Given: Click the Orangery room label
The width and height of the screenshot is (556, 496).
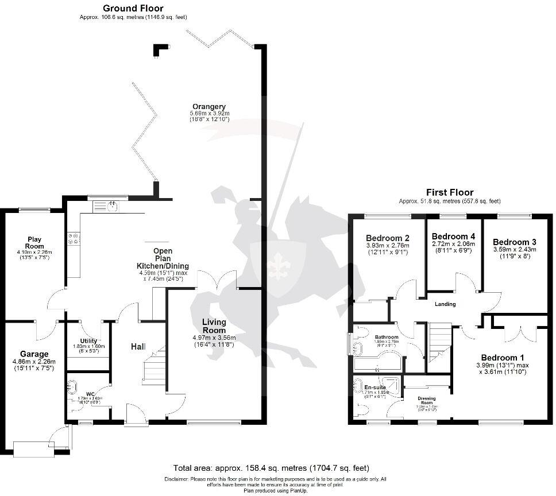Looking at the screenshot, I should pos(209,107).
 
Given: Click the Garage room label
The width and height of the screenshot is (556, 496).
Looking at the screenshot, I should pos(34,354).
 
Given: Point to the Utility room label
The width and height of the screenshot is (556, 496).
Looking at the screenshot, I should pos(89,341).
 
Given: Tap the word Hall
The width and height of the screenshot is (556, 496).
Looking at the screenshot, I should pos(138,347).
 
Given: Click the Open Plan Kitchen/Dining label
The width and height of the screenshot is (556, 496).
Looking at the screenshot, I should pos(163,258).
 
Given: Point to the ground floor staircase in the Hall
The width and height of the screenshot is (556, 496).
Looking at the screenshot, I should pos(153,370).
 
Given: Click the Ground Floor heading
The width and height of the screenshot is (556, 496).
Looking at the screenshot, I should pos(133,9).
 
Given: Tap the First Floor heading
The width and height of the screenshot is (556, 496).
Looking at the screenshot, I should pos(449,192).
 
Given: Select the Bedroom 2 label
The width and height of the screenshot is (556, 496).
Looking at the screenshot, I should pos(387,238).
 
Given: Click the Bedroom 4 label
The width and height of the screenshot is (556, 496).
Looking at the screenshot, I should pos(453,237).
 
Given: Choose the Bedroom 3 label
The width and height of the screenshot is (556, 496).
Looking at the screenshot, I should pos(514,242).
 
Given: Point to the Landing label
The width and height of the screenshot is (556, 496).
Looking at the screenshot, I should pos(445,304).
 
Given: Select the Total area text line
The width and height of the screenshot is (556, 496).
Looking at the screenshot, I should pos(271,468).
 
